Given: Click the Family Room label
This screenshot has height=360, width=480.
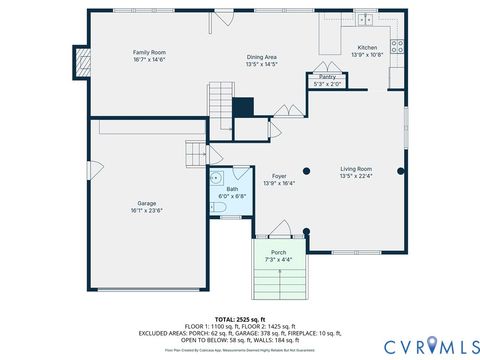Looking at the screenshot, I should point(150,51).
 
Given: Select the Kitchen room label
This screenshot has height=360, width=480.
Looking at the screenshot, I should point(368,48).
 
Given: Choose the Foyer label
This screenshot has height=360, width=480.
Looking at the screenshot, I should point(279,176).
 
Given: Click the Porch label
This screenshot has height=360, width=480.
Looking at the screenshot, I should point(279,252).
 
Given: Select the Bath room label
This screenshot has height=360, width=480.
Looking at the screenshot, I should point(232,189).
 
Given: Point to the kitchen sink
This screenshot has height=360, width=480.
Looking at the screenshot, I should point(366,21).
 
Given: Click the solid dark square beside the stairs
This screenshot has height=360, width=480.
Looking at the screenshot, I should point(243,107).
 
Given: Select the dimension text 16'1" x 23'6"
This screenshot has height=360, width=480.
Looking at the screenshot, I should point(146,211).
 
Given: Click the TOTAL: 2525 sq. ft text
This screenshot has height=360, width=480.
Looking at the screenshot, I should point(240,319).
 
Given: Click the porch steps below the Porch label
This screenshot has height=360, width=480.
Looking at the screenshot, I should point(279,281).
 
